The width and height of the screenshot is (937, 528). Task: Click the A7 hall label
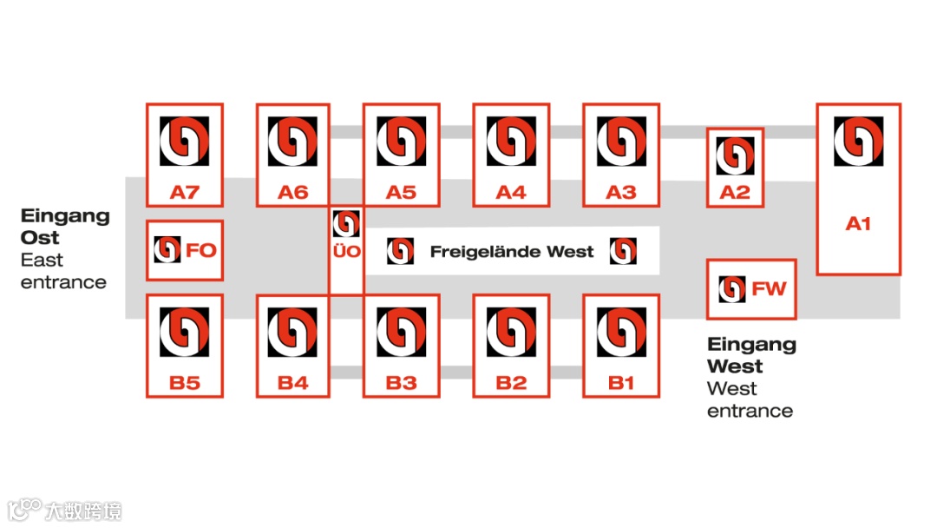tap(184, 192)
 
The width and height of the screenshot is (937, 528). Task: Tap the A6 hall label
tap(292, 192)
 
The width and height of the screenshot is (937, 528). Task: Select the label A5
tap(401, 192)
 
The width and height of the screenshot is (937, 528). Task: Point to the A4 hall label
tap(511, 192)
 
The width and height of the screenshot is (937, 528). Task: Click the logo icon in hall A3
tap(621, 142)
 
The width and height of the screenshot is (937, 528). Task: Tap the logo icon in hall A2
tap(735, 156)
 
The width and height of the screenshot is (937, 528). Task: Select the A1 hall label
tap(858, 224)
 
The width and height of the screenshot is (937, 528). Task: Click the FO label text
tap(200, 251)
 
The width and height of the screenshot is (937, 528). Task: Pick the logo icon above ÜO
tap(346, 224)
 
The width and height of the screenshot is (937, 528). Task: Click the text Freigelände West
tap(512, 252)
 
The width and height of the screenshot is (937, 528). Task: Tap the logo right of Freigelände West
tap(623, 252)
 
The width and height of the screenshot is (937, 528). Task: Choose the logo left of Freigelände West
tap(401, 252)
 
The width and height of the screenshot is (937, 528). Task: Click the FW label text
tap(769, 289)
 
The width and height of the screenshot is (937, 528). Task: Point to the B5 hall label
tap(184, 383)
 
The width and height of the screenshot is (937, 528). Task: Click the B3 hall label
tap(401, 383)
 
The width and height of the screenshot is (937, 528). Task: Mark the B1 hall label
tap(621, 383)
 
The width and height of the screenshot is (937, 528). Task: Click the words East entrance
tap(63, 271)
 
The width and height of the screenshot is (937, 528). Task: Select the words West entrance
tap(750, 399)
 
